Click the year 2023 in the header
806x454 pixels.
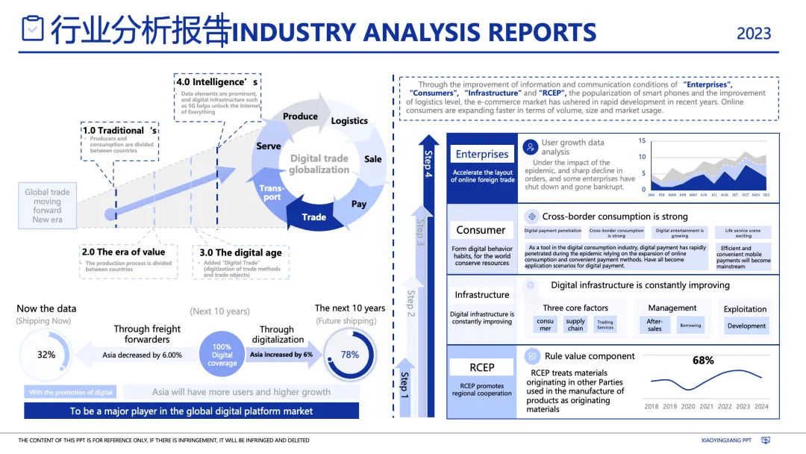click(x=754, y=33)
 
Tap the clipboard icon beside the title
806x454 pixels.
click(x=33, y=28)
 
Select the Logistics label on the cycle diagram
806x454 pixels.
click(x=349, y=121)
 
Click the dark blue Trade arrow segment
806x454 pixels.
click(x=314, y=217)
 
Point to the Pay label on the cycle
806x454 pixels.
click(x=359, y=204)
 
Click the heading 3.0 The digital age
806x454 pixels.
click(x=240, y=253)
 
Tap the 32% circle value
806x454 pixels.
click(x=46, y=355)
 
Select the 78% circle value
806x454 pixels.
click(x=350, y=355)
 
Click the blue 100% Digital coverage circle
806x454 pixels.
click(x=222, y=355)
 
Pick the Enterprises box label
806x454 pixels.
click(x=482, y=155)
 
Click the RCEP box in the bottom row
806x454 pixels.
click(x=482, y=367)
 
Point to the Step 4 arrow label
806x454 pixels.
click(x=428, y=164)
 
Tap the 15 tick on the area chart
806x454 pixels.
click(x=642, y=140)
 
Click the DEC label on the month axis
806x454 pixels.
click(x=766, y=196)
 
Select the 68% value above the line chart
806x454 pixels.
click(x=703, y=360)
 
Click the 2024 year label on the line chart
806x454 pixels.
click(x=761, y=407)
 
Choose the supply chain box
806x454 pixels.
click(x=575, y=325)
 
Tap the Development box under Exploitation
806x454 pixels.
click(x=746, y=326)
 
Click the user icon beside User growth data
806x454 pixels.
click(x=531, y=147)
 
